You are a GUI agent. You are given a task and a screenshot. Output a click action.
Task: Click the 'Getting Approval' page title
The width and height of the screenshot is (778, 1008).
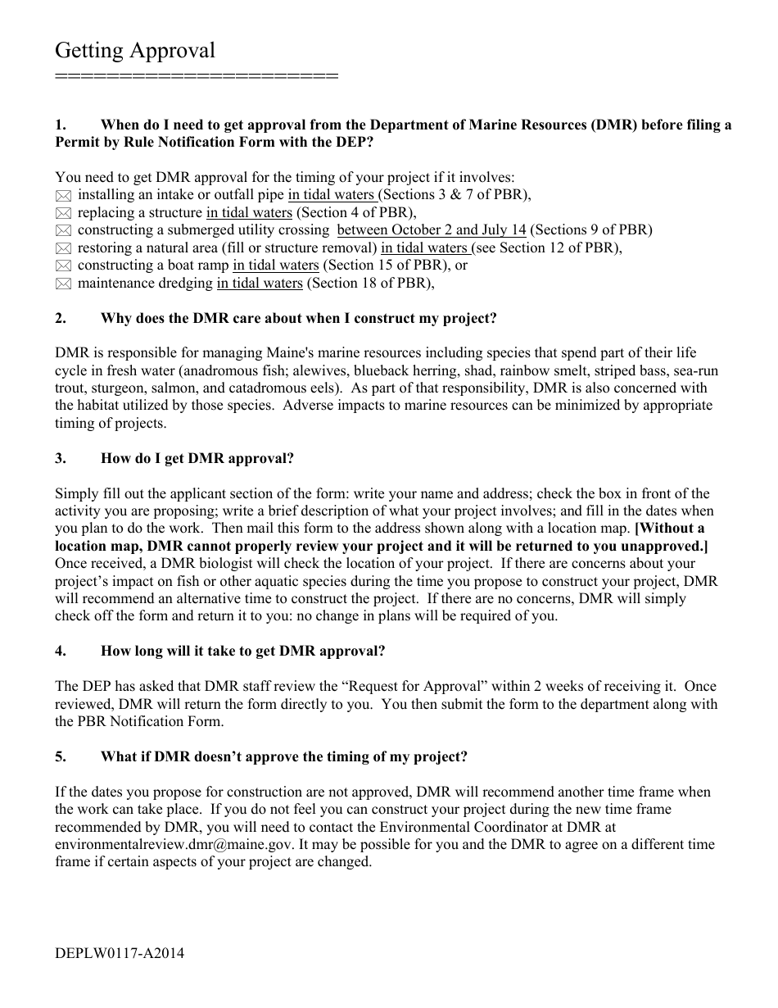135,51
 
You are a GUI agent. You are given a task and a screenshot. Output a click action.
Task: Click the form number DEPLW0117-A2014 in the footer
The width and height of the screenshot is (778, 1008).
120,953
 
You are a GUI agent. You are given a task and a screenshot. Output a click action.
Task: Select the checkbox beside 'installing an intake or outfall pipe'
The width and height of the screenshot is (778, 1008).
63,196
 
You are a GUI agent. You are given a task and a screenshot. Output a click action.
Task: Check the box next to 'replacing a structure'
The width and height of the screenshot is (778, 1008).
63,213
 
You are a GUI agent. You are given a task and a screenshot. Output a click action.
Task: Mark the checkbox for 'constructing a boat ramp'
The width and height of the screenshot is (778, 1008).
63,266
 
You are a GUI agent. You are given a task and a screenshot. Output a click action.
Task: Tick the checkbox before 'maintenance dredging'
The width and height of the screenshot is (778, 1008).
63,284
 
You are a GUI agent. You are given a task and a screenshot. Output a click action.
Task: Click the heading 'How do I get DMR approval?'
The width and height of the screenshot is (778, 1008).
197,458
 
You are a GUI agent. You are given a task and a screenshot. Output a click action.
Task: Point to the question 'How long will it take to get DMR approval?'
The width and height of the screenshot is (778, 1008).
242,651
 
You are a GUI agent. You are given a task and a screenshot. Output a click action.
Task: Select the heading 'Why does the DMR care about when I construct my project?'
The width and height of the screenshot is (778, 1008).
298,318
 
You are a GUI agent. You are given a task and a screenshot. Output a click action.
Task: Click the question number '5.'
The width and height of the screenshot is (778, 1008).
61,756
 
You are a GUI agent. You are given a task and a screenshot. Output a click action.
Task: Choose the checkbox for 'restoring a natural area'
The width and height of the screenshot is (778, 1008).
63,248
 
